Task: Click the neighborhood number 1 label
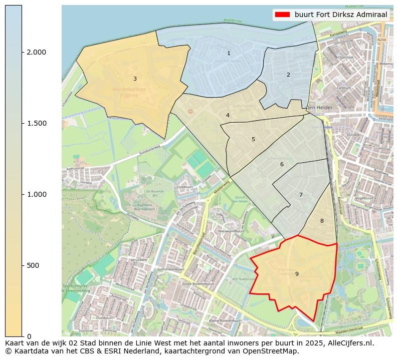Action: pos(229,53)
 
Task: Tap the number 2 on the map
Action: pos(288,75)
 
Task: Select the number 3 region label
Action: pos(135,79)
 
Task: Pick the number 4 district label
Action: pos(228,115)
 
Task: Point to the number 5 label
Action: pos(253,139)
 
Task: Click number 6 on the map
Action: pos(282,164)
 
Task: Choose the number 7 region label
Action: pos(301,195)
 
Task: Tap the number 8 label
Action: pos(322,221)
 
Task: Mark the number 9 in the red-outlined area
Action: pos(297,274)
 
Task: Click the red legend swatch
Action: pos(282,15)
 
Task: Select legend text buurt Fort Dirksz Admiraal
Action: pos(341,15)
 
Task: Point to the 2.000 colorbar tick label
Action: pos(36,52)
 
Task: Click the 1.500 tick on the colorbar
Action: pos(36,123)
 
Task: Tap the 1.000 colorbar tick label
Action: pos(36,194)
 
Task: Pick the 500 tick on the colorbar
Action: pos(34,265)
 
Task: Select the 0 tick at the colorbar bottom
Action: pos(29,336)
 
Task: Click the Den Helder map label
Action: pos(317,108)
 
